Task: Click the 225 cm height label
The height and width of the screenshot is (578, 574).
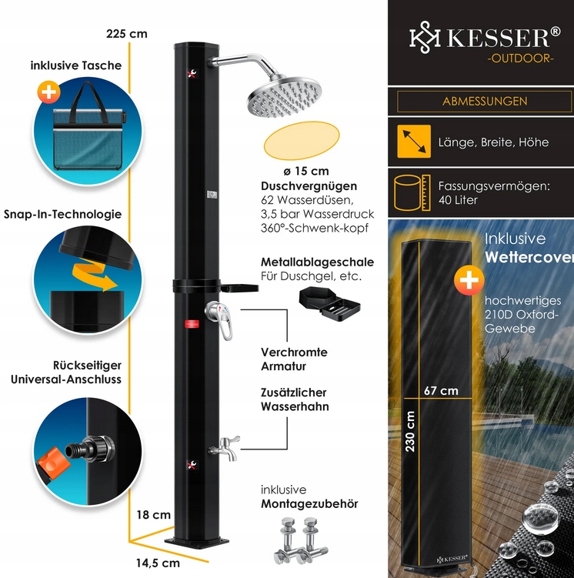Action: [x=127, y=34]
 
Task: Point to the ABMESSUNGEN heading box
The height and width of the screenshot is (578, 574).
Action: [x=485, y=101]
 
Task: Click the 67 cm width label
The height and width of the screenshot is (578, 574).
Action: [x=441, y=390]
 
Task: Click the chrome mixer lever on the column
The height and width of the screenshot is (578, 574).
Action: [x=219, y=318]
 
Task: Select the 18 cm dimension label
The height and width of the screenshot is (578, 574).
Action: [x=155, y=515]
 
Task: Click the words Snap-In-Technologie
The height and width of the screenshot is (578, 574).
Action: [x=63, y=214]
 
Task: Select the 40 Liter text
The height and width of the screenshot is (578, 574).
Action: [x=459, y=200]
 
